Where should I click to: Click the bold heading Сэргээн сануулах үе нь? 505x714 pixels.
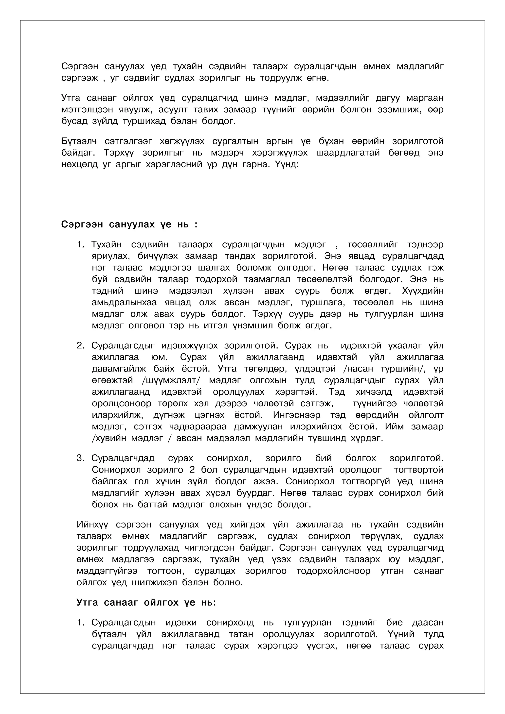click(129, 224)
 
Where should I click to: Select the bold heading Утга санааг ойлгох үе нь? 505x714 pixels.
click(146, 602)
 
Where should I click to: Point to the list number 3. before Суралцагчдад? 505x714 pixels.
click(80, 458)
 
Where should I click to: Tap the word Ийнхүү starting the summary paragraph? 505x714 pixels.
click(92, 525)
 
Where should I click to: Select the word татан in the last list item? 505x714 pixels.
click(240, 634)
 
